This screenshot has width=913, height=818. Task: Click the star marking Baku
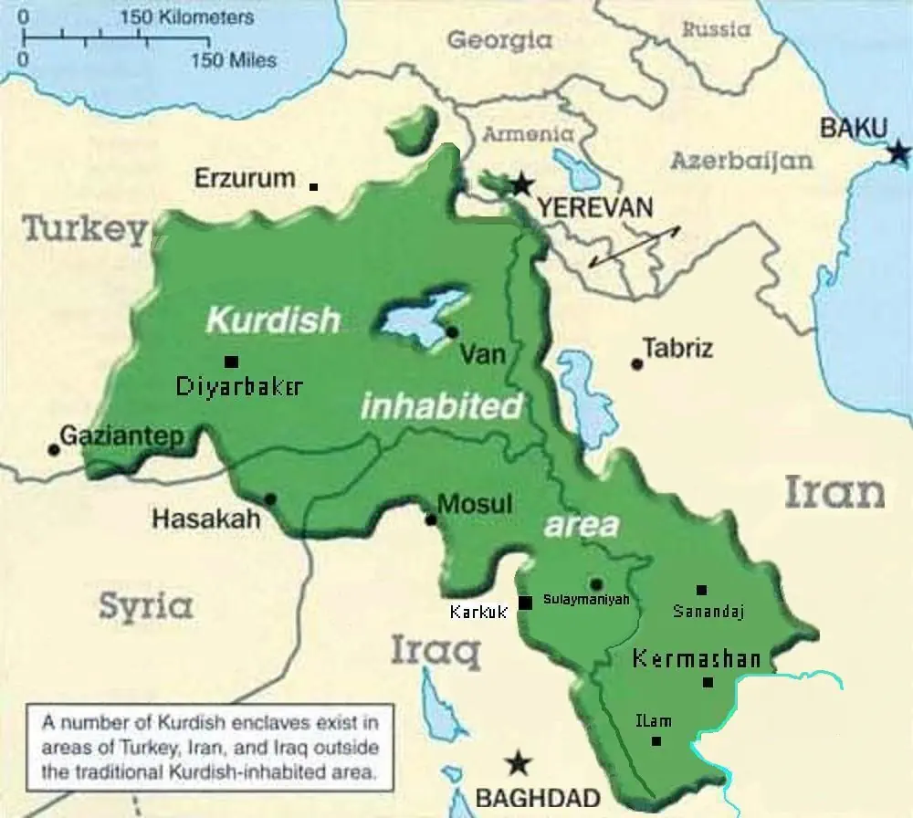coord(900,152)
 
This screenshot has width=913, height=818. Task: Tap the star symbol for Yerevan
coord(521,184)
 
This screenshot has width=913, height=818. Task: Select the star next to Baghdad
coord(519,762)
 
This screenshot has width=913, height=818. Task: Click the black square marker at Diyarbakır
coord(231,361)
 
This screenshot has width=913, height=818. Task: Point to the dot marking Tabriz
coord(637,364)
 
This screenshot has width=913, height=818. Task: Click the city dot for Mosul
coord(431,520)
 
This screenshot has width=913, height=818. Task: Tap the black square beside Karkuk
coord(525,603)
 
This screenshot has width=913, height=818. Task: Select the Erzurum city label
coord(245,178)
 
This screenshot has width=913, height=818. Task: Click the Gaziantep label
coord(121,435)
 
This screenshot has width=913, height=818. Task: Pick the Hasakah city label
coord(205,519)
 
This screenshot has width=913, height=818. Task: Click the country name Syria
coord(146,606)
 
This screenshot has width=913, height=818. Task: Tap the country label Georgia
coord(499,39)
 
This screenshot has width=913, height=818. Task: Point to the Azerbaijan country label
coord(741,161)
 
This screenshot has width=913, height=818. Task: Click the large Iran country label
coord(834,492)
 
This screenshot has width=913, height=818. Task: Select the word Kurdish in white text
coord(273,320)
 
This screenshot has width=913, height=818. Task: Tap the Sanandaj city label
coord(708,612)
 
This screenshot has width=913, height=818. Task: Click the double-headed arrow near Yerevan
coord(634,246)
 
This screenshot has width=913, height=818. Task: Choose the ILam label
coord(653,721)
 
